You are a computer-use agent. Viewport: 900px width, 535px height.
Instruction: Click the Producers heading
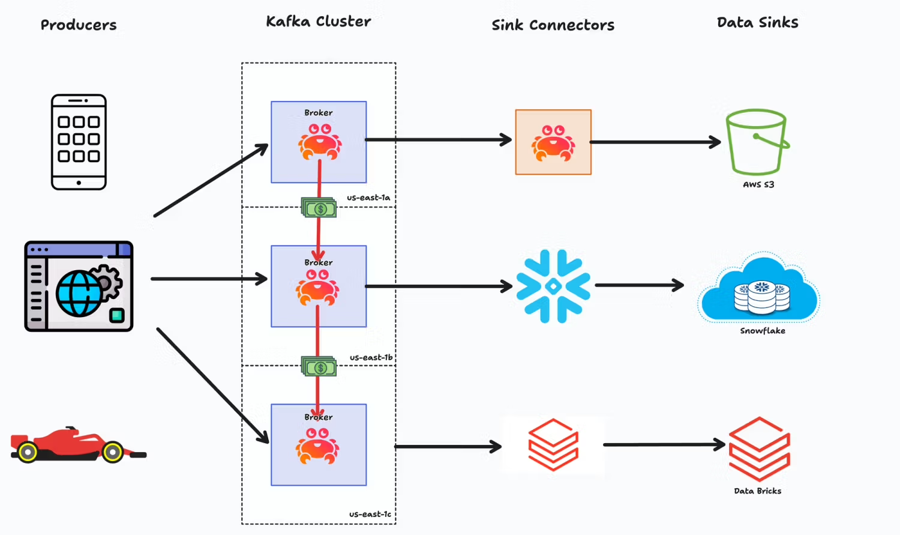tap(79, 25)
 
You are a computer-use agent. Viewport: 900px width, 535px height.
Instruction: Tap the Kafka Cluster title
tap(319, 22)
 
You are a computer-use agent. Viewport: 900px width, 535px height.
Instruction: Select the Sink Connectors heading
tap(553, 25)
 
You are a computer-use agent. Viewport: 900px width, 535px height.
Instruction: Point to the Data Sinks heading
tap(757, 23)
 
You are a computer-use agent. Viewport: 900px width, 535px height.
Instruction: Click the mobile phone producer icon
tap(79, 142)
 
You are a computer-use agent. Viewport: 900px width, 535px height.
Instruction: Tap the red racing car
tap(78, 445)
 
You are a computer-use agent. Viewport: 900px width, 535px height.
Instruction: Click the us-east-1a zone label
tap(368, 198)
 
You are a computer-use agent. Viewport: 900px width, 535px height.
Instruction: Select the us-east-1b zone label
tap(371, 357)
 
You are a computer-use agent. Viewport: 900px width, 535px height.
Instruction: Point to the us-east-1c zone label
tap(370, 514)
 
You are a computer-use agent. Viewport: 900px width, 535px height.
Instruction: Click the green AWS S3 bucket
tap(757, 142)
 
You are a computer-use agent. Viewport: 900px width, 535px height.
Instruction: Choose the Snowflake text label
tap(763, 331)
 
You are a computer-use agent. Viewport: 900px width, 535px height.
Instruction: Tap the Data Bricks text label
tap(758, 491)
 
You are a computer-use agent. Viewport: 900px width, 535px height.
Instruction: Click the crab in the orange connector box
tap(553, 144)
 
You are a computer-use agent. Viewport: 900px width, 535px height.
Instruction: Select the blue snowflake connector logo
tap(553, 286)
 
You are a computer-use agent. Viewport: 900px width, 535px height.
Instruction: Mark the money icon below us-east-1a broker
tap(319, 208)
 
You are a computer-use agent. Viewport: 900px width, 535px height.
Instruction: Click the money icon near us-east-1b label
tap(319, 366)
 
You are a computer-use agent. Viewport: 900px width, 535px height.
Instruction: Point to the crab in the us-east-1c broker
tap(318, 446)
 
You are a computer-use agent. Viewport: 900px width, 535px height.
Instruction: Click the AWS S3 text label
tap(758, 185)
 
